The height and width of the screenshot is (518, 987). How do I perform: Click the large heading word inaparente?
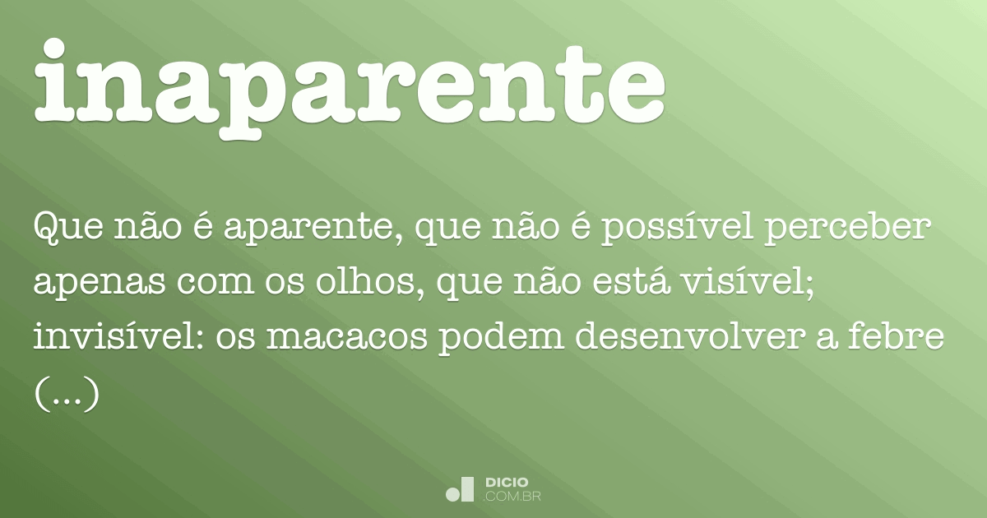click(350, 86)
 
